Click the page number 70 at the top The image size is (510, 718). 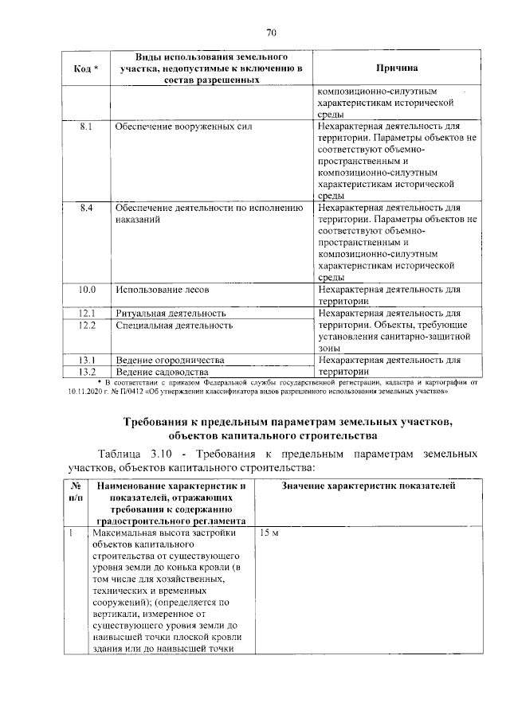click(x=270, y=33)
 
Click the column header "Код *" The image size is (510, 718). click(x=86, y=69)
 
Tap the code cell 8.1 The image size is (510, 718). click(x=87, y=127)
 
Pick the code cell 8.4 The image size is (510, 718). click(x=87, y=208)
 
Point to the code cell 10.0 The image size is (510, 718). click(x=87, y=289)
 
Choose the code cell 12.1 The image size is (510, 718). click(x=87, y=314)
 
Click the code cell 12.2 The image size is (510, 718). click(x=87, y=326)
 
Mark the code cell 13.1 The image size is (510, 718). click(x=87, y=360)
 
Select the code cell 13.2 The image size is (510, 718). click(x=87, y=372)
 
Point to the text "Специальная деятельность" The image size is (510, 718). click(x=174, y=326)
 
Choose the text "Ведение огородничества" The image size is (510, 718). click(x=169, y=360)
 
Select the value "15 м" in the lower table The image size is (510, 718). click(x=268, y=533)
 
